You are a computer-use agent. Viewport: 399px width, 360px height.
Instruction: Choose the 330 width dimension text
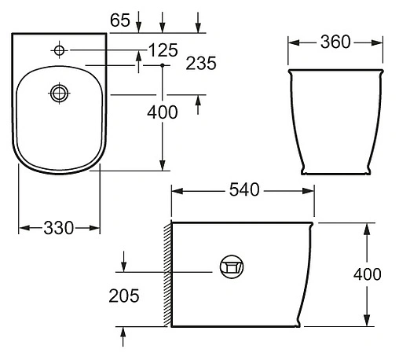click(59, 228)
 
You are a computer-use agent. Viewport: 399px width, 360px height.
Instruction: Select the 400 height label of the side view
click(367, 274)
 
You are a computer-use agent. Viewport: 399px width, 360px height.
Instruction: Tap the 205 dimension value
click(125, 296)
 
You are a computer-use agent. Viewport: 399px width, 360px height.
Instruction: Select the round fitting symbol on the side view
click(229, 268)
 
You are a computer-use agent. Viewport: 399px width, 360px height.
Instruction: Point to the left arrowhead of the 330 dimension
click(21, 228)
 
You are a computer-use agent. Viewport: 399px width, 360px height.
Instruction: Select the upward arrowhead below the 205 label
click(123, 333)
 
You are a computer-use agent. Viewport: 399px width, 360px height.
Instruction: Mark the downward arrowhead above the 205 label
click(123, 263)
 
